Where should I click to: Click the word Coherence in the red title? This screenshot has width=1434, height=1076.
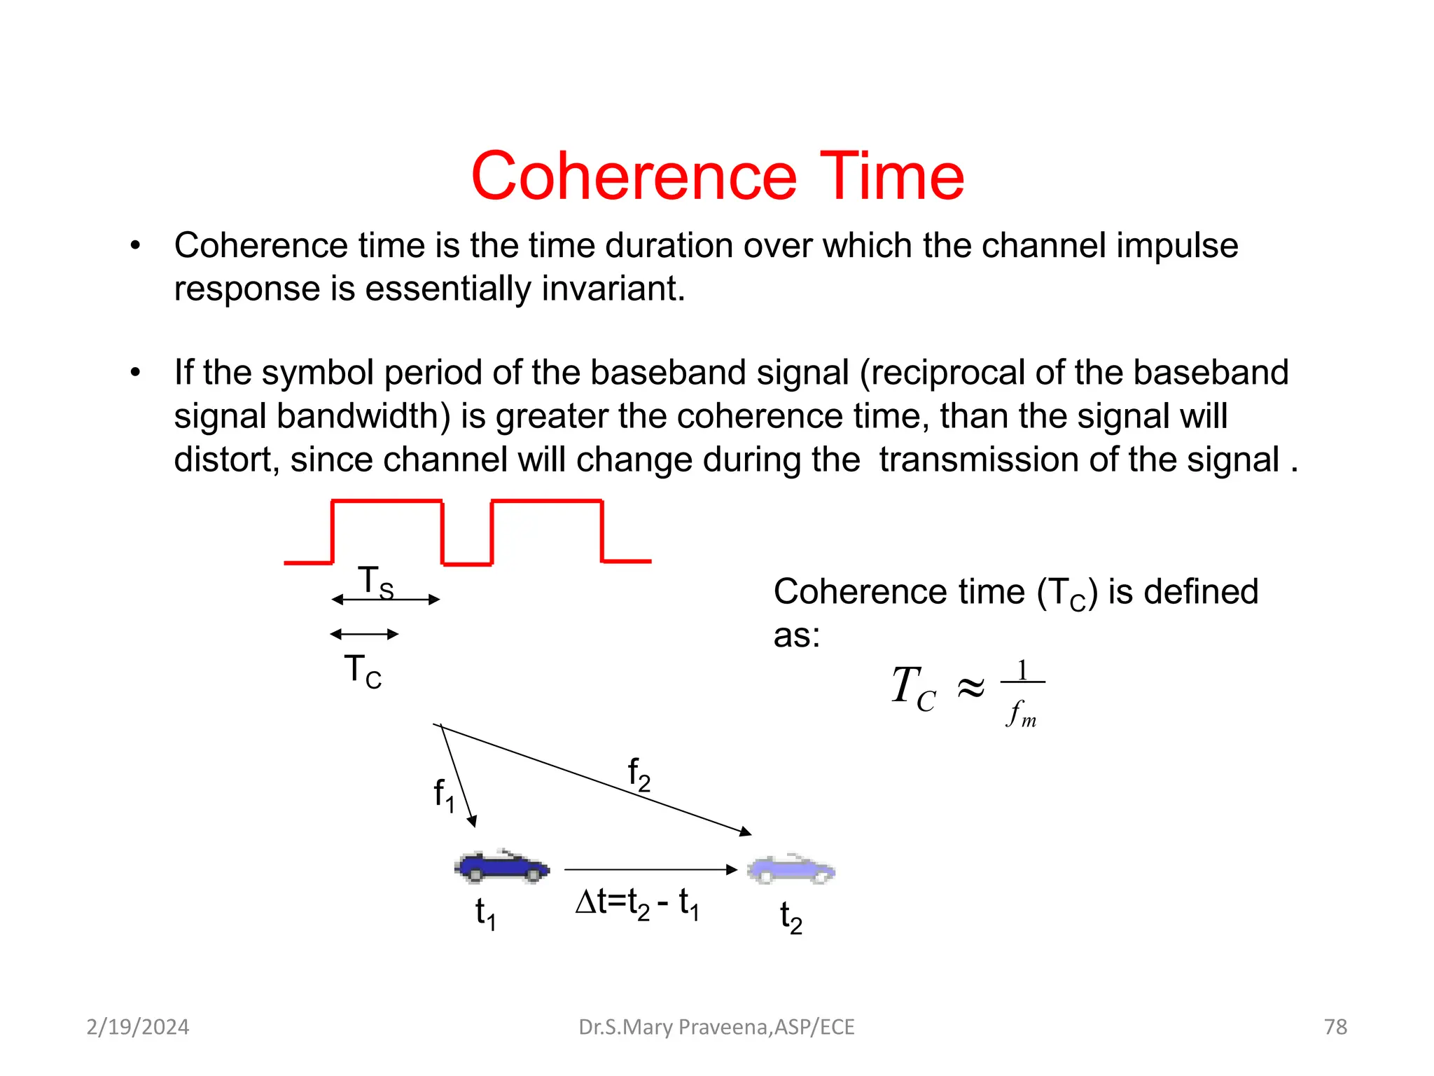tap(634, 177)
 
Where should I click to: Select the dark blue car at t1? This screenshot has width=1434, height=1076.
tap(502, 867)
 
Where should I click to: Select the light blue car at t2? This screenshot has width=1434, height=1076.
tap(791, 869)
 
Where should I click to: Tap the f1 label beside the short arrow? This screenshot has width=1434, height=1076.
tap(444, 795)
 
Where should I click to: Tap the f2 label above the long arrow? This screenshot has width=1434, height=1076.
tap(639, 774)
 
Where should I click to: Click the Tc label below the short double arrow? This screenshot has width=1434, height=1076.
tap(363, 671)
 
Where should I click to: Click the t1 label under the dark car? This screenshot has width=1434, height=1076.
tap(485, 914)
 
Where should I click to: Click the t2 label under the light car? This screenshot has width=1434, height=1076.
tap(791, 918)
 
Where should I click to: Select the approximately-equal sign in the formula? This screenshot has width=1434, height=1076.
tap(970, 688)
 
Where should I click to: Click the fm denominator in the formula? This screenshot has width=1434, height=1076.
tap(1022, 713)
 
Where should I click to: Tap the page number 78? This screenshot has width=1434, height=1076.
tap(1335, 1027)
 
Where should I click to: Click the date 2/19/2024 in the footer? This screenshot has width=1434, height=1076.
tap(137, 1027)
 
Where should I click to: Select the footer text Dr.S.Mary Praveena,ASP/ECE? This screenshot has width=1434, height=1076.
tap(716, 1027)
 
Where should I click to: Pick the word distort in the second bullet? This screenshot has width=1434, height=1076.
tap(226, 460)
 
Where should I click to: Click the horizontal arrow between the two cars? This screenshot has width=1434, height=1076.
tap(650, 869)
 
